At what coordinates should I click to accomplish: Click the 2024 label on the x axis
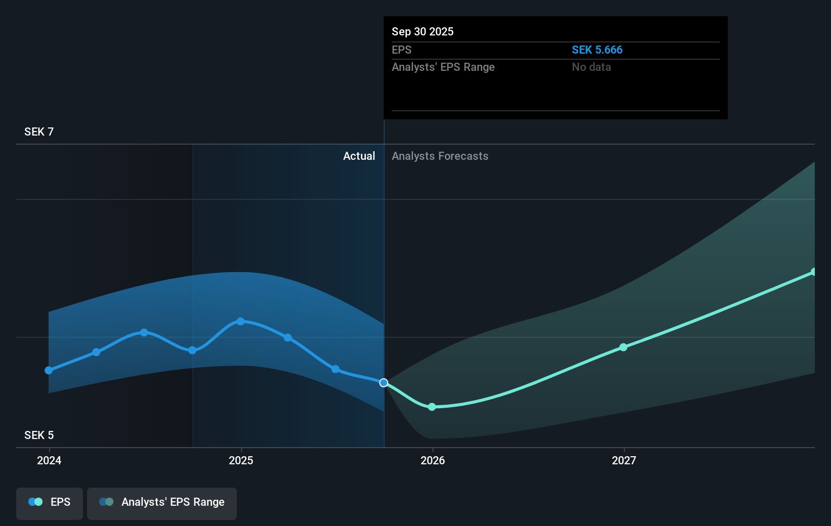(49, 460)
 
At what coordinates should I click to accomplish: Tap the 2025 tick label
(241, 460)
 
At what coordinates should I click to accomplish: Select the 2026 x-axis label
(433, 460)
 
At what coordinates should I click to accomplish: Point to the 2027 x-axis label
(624, 460)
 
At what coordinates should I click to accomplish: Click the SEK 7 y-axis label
(39, 132)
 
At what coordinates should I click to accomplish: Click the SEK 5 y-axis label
(39, 435)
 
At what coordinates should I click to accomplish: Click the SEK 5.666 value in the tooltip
(597, 50)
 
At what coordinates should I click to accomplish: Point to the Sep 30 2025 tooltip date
(423, 32)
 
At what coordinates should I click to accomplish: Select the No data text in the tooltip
(591, 67)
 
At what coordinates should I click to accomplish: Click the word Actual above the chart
(359, 156)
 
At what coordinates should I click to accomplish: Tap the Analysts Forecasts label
(440, 156)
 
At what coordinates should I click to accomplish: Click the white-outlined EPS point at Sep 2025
(384, 383)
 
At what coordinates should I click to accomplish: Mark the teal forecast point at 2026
(432, 407)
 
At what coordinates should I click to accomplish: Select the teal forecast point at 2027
(624, 347)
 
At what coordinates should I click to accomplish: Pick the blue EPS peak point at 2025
(240, 321)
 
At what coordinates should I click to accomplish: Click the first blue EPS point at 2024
(49, 370)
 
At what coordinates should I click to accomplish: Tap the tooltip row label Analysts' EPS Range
(443, 67)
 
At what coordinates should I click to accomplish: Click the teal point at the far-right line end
(813, 272)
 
